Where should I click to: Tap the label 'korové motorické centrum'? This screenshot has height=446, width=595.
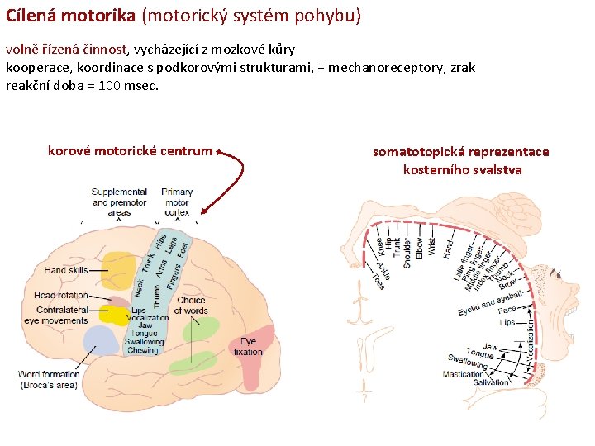(130, 151)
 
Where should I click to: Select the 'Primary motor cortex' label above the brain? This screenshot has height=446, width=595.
(177, 202)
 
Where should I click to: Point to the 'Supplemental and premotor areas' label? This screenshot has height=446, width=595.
(119, 202)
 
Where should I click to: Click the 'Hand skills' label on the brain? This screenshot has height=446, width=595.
(67, 270)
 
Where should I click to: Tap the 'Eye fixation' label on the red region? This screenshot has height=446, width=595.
(248, 347)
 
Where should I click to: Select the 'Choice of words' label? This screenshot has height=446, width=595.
(191, 306)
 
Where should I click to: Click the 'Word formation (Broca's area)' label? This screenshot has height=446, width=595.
(50, 380)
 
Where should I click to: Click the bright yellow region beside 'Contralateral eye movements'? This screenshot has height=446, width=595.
(114, 315)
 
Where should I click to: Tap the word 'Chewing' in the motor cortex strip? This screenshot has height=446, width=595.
(142, 350)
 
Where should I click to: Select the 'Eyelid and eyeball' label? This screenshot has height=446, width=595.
(489, 301)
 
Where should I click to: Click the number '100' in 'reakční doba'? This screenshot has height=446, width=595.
(111, 85)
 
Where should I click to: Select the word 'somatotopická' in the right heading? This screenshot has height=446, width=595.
(413, 151)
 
